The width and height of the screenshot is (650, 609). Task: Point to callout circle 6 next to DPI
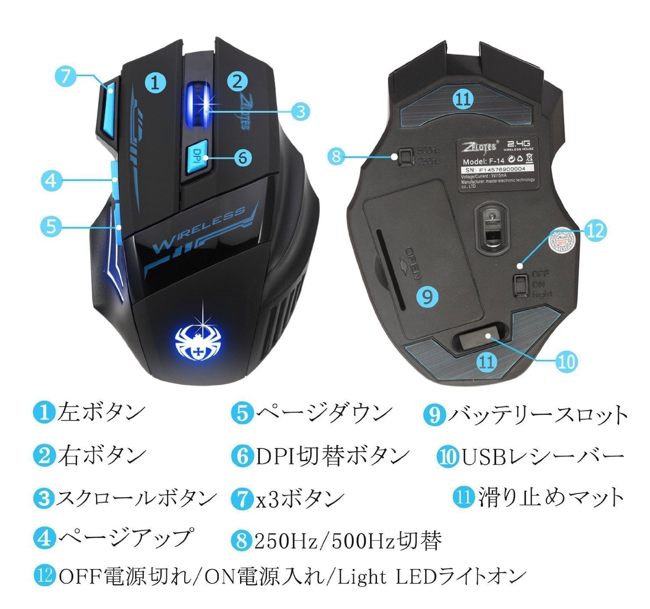point(242,157)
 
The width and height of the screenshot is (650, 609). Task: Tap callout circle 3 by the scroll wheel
point(300,111)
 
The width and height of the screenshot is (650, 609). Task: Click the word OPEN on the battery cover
point(412,263)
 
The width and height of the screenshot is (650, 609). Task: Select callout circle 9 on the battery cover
point(427,296)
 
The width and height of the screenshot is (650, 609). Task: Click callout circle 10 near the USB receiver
point(566,361)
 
